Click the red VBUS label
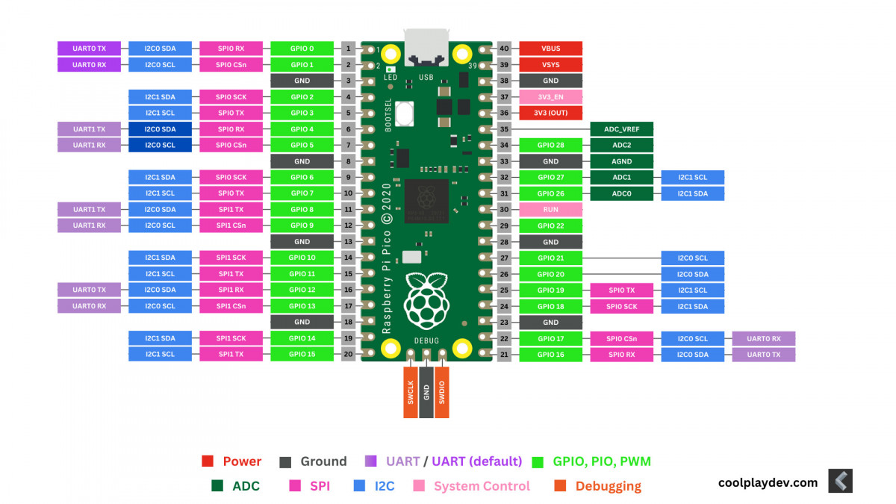(x=550, y=49)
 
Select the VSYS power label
(x=550, y=65)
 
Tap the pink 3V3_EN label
(x=550, y=97)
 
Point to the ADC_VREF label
(x=622, y=129)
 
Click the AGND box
(x=622, y=161)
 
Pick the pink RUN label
(x=550, y=210)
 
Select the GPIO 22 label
(x=550, y=225)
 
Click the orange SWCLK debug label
(x=411, y=391)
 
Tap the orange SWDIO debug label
(x=442, y=391)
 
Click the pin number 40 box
(x=504, y=49)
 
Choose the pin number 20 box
(x=349, y=354)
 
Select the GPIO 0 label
(x=302, y=49)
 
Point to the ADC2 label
(x=622, y=146)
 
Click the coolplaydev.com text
(x=768, y=482)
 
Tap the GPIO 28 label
(x=550, y=146)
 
